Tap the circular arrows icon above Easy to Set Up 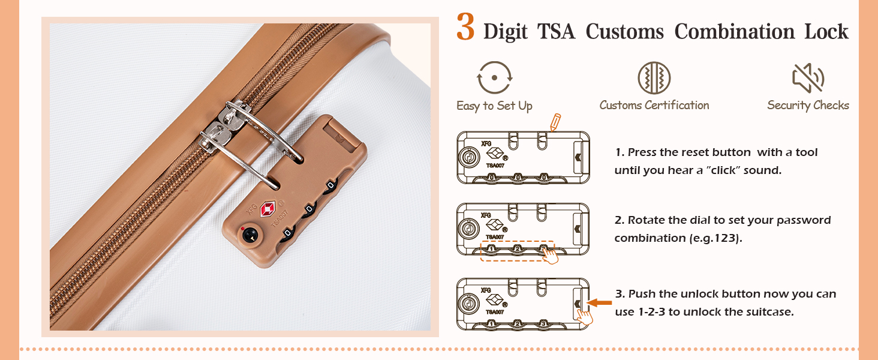pyautogui.click(x=494, y=78)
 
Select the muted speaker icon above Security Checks pyautogui.click(x=808, y=78)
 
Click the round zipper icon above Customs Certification pyautogui.click(x=654, y=78)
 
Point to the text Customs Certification pyautogui.click(x=654, y=106)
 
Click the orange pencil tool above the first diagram pyautogui.click(x=555, y=122)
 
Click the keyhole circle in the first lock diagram pyautogui.click(x=467, y=158)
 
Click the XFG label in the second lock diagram pyautogui.click(x=486, y=215)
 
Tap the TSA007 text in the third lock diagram pyautogui.click(x=495, y=312)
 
